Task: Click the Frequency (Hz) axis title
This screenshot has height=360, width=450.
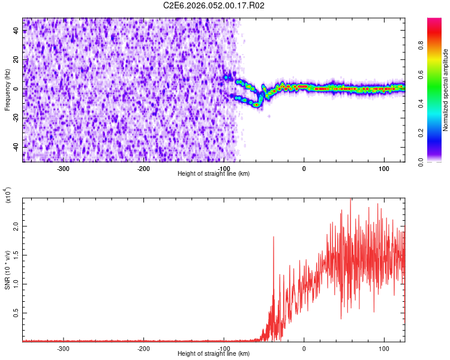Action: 7,90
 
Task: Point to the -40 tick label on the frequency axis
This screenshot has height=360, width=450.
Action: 14,146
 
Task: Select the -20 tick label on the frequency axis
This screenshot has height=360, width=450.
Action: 14,118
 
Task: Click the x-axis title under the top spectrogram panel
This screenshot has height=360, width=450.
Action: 214,173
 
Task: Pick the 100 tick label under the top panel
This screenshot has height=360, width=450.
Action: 383,167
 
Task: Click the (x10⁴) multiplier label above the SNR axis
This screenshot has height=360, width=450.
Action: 8,195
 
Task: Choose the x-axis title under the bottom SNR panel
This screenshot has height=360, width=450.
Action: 214,354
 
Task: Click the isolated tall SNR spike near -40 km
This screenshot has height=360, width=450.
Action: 274,238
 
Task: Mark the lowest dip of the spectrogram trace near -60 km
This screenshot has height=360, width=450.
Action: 257,104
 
